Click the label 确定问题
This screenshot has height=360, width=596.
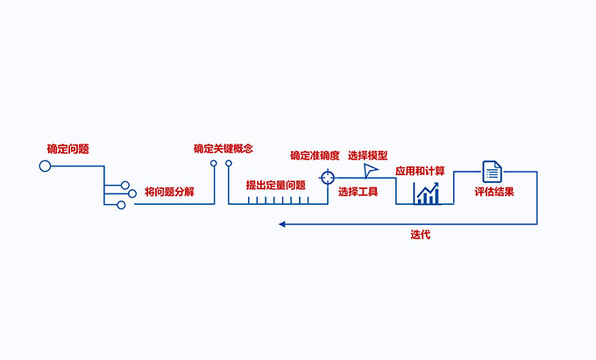68,149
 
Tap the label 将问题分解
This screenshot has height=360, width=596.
169,190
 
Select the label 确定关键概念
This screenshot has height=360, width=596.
223,149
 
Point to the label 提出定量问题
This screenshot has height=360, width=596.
275,185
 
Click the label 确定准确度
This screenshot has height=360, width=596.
315,155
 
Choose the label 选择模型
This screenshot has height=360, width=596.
367,155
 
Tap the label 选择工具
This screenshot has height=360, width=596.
358,191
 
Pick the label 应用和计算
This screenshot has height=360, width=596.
419,171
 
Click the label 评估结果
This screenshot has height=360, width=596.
494,191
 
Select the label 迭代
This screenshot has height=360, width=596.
420,235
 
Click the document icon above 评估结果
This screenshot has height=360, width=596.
491,172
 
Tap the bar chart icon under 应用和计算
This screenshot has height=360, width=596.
427,194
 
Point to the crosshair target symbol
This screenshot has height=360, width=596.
327,177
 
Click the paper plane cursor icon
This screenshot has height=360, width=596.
372,170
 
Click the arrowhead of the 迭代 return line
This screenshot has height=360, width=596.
282,224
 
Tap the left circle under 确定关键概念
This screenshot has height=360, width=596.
213,163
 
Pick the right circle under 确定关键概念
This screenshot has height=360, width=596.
229,163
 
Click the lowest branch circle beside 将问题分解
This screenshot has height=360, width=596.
122,205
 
